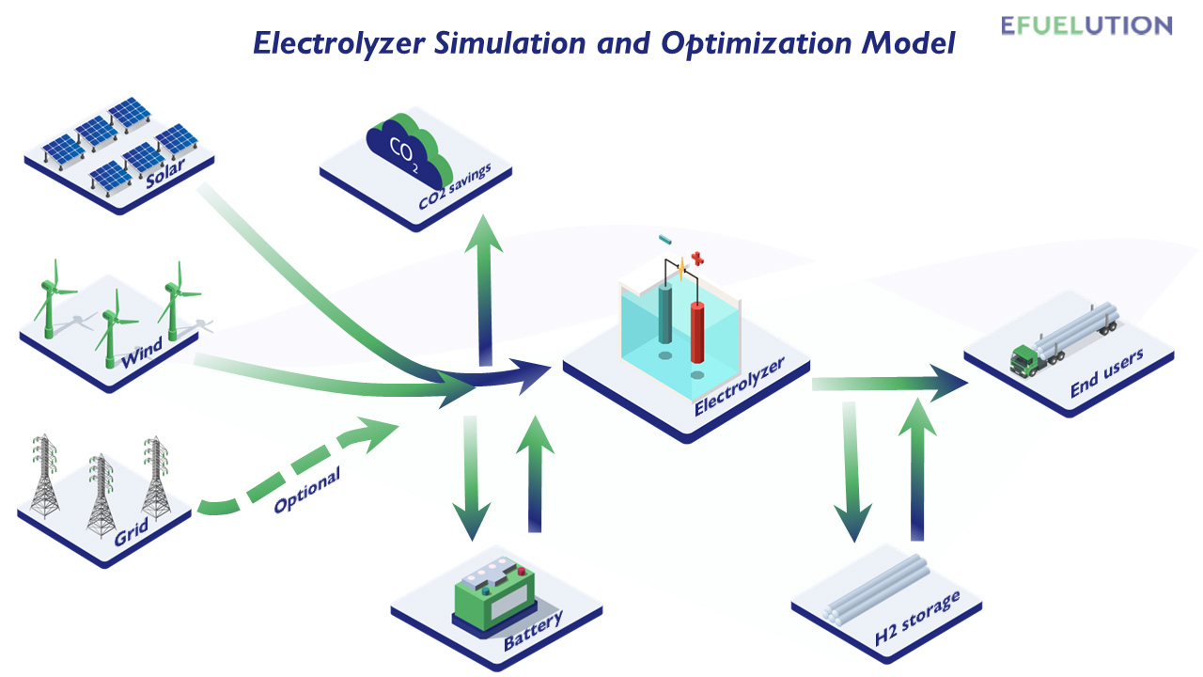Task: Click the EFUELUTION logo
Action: [x=1086, y=25]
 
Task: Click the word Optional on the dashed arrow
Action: [x=306, y=492]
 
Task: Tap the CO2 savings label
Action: [x=455, y=186]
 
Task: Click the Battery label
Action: [x=533, y=631]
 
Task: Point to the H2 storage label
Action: [x=917, y=618]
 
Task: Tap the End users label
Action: [x=1107, y=373]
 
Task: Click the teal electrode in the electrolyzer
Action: [x=665, y=317]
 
